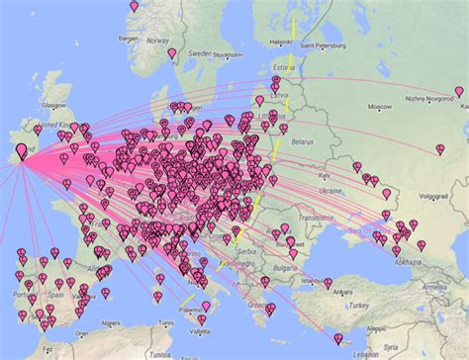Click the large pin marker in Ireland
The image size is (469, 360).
(23, 148)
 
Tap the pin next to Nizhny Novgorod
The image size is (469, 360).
(458, 92)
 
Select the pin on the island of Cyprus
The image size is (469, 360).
(338, 338)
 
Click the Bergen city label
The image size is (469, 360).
(127, 39)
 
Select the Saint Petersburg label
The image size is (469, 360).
(322, 45)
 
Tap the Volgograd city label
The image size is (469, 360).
(450, 189)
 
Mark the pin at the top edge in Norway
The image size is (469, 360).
(135, 6)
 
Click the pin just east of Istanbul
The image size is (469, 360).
(328, 283)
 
